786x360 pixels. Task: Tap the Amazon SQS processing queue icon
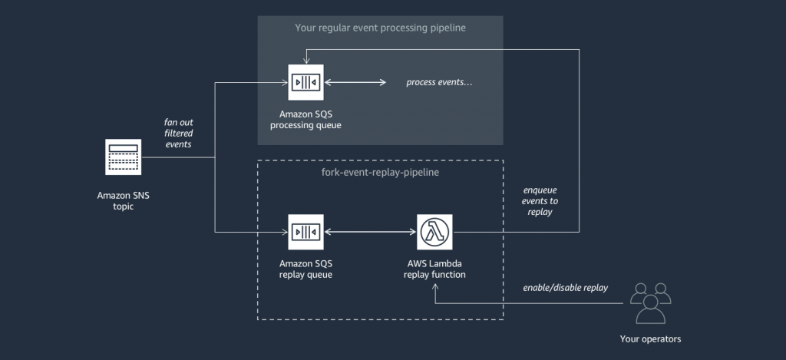click(305, 81)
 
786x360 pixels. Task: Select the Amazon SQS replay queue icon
click(305, 232)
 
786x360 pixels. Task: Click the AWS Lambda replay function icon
click(434, 232)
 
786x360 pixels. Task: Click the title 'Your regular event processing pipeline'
click(380, 28)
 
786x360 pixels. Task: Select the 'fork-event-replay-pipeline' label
click(380, 173)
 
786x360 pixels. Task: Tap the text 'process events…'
click(439, 82)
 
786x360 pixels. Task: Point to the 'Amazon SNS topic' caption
click(123, 201)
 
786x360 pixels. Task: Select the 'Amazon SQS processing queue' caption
click(305, 119)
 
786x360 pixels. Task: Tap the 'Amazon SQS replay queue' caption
click(305, 269)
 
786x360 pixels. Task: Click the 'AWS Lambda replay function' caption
click(434, 269)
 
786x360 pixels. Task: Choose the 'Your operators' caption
click(650, 339)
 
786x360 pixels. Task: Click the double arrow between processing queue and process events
click(355, 81)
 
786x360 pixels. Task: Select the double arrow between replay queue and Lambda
click(370, 232)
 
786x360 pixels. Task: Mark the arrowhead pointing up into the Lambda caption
click(434, 286)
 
